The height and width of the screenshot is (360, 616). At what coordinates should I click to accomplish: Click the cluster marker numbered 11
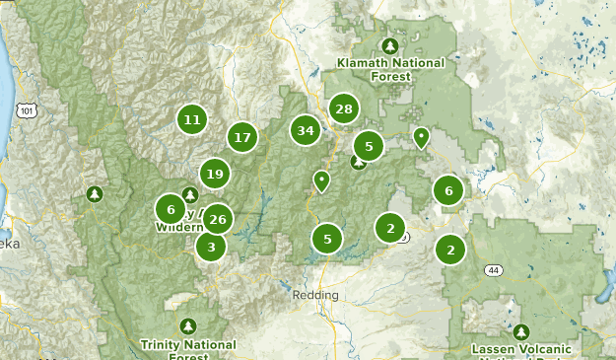[x=192, y=120]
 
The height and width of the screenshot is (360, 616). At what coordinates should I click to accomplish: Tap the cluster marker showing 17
[x=242, y=137]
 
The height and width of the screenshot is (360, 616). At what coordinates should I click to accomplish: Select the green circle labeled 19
[x=214, y=175]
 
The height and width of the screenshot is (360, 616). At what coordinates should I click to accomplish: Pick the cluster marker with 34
[x=306, y=130]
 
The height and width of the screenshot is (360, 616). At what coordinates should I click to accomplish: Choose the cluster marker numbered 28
[x=343, y=108]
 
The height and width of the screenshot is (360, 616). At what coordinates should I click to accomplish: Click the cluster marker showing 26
[x=218, y=219]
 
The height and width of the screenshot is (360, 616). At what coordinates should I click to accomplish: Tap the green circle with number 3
[x=210, y=247]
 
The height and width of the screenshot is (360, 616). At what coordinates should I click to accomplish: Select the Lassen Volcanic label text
[x=520, y=349]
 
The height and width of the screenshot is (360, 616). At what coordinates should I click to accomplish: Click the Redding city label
[x=315, y=295]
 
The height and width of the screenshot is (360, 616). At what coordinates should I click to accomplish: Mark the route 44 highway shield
[x=493, y=269]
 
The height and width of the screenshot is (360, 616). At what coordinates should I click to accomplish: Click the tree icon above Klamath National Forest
[x=390, y=45]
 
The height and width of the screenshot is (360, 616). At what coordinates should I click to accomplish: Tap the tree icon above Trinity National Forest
[x=188, y=325]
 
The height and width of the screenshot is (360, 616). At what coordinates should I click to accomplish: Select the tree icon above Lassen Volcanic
[x=521, y=330]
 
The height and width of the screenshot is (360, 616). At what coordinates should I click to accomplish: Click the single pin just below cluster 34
[x=321, y=180]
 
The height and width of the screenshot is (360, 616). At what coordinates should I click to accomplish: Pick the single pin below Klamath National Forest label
[x=421, y=137]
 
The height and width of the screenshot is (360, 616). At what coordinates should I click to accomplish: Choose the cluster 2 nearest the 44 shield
[x=450, y=249]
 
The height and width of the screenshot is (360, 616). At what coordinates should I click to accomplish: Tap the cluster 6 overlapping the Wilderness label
[x=171, y=209]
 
